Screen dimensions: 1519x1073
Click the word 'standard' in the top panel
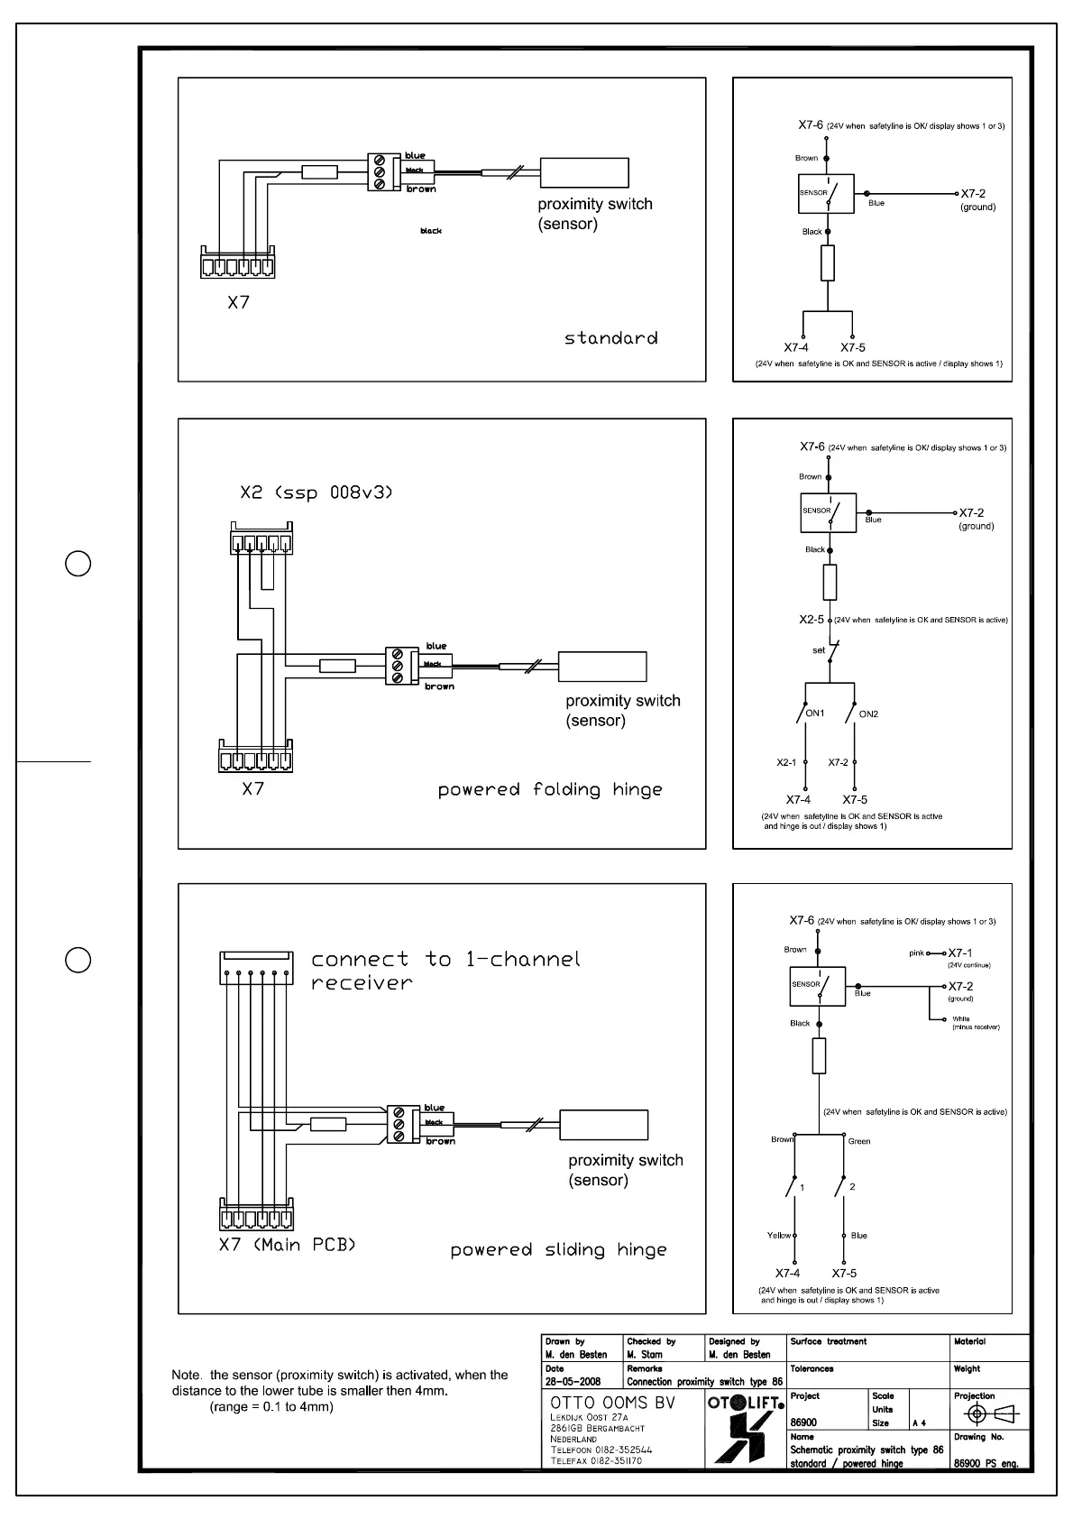pyautogui.click(x=610, y=338)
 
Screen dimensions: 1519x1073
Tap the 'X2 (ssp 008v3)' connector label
pyautogui.click(x=316, y=493)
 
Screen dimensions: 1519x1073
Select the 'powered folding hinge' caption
pyautogui.click(x=550, y=790)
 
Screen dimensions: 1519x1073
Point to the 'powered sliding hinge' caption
pyautogui.click(x=559, y=1250)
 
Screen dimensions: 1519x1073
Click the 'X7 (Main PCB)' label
pyautogui.click(x=288, y=1245)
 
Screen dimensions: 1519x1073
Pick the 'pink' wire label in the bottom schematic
pyautogui.click(x=917, y=953)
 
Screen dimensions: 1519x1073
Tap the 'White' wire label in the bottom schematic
pyautogui.click(x=961, y=1019)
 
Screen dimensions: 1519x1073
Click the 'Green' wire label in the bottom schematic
pyautogui.click(x=859, y=1141)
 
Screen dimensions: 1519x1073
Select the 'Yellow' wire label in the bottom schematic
pyautogui.click(x=779, y=1235)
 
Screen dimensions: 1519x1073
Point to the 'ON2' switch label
pyautogui.click(x=868, y=714)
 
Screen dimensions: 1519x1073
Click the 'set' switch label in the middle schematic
pyautogui.click(x=819, y=649)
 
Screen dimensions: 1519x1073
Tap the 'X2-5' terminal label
pyautogui.click(x=812, y=620)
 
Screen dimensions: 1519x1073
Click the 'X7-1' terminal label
pyautogui.click(x=960, y=953)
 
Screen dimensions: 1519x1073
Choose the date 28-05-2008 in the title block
pyautogui.click(x=573, y=1382)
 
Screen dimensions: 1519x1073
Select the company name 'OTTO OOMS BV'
pyautogui.click(x=612, y=1403)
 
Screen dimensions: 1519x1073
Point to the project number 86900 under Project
pyautogui.click(x=803, y=1422)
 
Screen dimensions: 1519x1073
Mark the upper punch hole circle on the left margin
pyautogui.click(x=78, y=564)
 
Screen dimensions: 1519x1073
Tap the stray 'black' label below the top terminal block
pyautogui.click(x=431, y=232)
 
